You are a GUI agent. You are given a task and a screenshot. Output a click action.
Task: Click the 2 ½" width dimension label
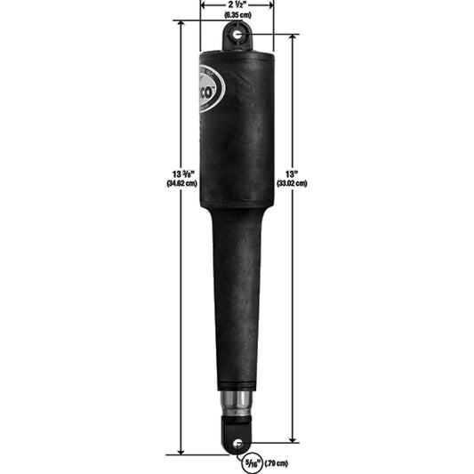click(237, 4)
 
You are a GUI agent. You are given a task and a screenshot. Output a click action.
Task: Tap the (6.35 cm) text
click(237, 15)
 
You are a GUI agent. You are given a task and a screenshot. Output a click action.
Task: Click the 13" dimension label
click(291, 173)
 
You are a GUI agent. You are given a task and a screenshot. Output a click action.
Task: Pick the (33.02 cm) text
click(291, 184)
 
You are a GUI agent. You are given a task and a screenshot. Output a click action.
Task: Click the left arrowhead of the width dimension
click(205, 4)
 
